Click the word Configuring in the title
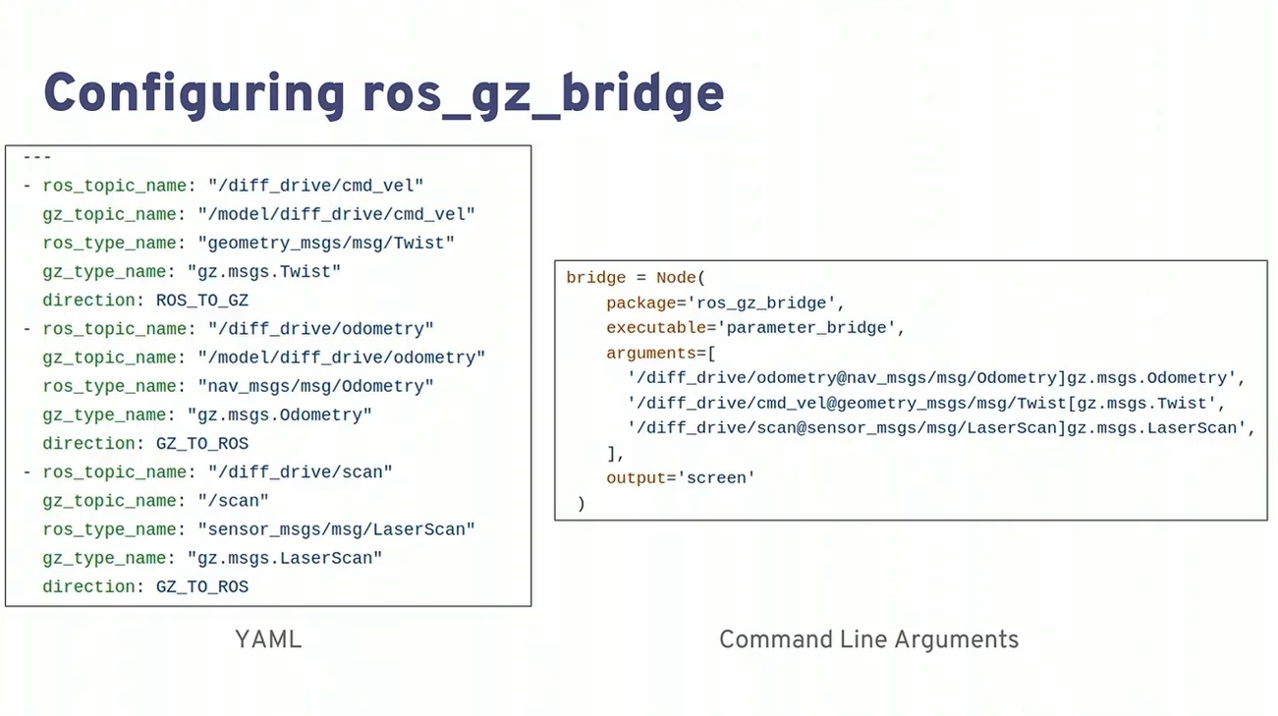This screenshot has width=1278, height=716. (x=194, y=95)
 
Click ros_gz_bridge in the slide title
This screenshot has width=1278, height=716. (x=543, y=95)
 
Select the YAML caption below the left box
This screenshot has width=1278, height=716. (x=268, y=640)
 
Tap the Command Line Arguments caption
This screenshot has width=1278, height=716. (x=868, y=640)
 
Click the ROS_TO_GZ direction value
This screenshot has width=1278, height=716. (x=202, y=301)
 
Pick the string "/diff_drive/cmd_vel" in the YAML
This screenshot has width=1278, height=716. (x=315, y=186)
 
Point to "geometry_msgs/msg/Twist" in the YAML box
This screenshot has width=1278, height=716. (x=326, y=243)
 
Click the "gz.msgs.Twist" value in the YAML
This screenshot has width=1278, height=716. (x=263, y=271)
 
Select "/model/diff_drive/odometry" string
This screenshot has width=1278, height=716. (x=341, y=358)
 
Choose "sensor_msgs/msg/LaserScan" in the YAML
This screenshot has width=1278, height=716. (x=336, y=529)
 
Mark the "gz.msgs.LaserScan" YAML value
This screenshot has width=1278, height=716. (x=284, y=558)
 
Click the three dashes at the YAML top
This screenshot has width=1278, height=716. (x=37, y=157)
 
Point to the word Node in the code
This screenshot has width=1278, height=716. (x=676, y=278)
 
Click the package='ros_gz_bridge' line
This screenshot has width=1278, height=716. (x=725, y=303)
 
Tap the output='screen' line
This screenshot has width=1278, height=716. (x=680, y=478)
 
